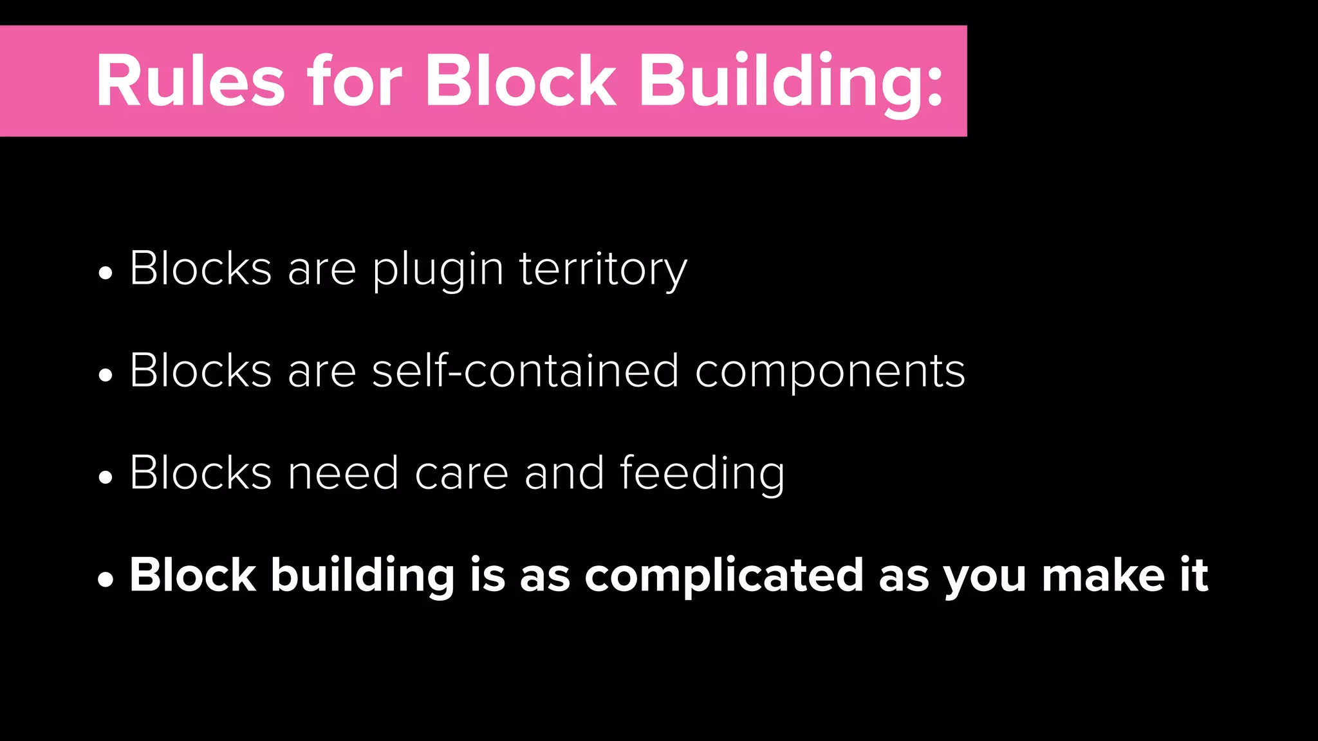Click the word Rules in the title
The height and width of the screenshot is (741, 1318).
[190, 82]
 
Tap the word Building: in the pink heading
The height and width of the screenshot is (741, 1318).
[791, 84]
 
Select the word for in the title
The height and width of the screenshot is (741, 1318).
[355, 82]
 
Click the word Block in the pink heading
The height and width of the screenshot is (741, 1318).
[520, 82]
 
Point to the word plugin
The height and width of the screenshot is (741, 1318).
[438, 270]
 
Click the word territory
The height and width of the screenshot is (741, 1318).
[603, 270]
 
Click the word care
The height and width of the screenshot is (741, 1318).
[461, 473]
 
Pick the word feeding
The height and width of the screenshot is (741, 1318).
[702, 475]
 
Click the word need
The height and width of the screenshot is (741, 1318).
[343, 473]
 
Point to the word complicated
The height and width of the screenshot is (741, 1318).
[724, 576]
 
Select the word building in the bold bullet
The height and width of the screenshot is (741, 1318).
[363, 576]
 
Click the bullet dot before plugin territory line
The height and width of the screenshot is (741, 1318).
[106, 273]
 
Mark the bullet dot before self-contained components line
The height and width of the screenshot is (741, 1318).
[106, 375]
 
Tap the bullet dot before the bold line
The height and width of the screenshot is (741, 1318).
[106, 580]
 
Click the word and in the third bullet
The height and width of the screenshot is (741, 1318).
[564, 473]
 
